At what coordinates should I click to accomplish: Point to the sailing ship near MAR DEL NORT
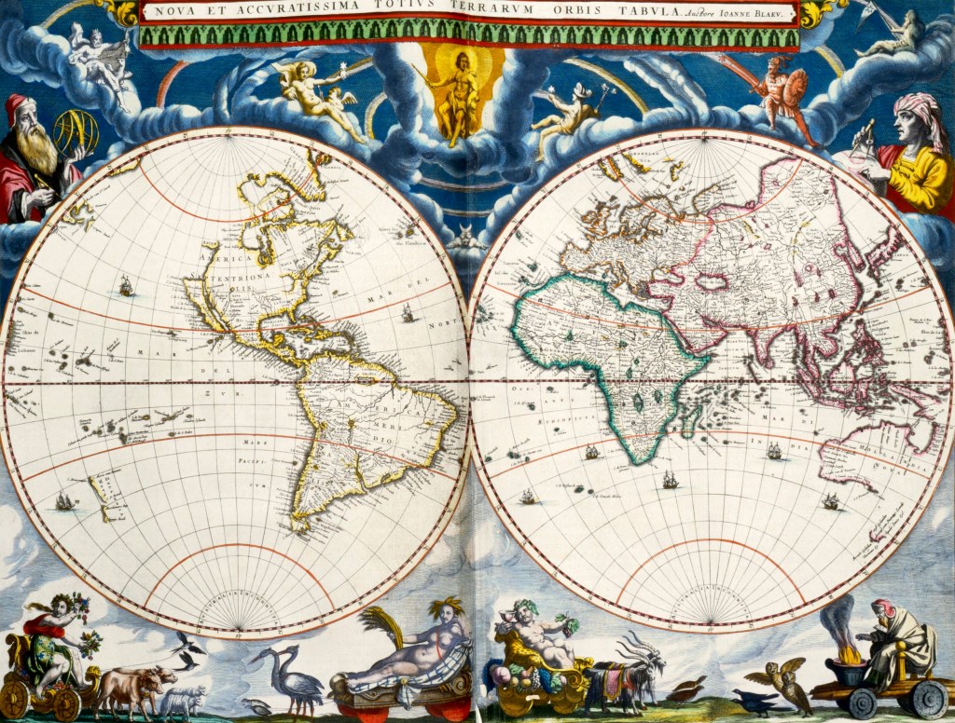pos(407,314)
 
